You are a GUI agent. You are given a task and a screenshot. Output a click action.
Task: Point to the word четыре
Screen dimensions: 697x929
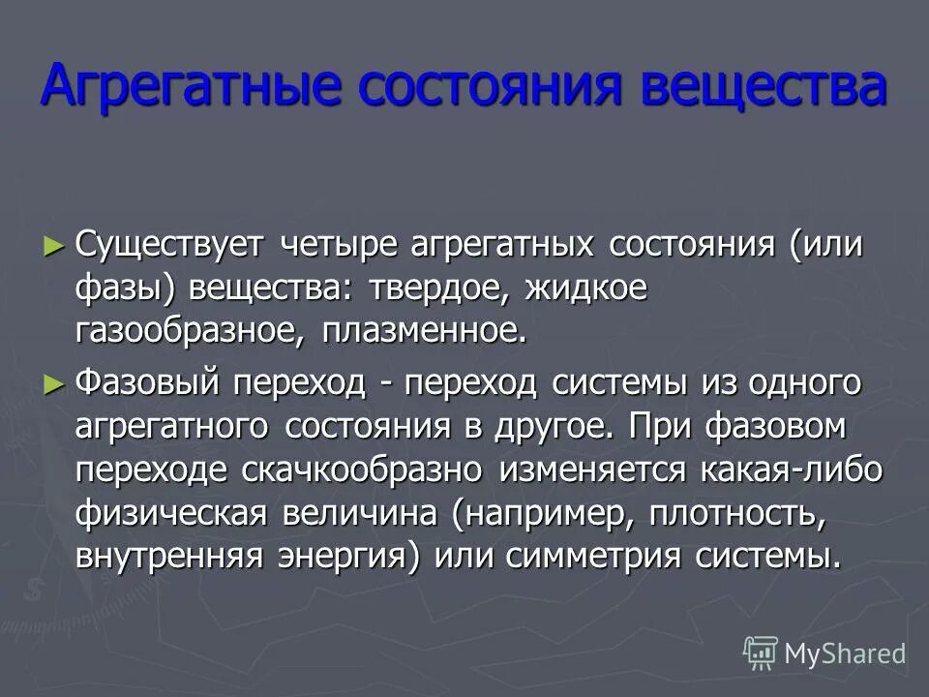pyautogui.click(x=339, y=244)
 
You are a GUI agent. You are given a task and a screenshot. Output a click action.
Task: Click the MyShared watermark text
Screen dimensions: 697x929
pyautogui.click(x=845, y=652)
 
